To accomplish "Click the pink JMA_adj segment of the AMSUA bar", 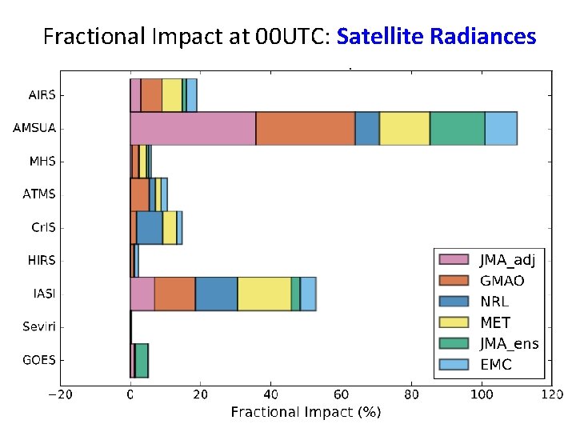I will pos(193,129).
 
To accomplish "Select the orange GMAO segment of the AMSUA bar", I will pos(306,129).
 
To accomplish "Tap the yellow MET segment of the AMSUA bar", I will pos(404,129).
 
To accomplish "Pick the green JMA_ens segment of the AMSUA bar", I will pos(457,129).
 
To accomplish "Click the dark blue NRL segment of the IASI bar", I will pos(216,294).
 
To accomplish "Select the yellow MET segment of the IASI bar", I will pos(264,294).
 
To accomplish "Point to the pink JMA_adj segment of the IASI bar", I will pos(142,294).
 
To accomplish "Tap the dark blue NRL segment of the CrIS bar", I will pos(150,227).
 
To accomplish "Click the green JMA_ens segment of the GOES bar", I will pos(142,360).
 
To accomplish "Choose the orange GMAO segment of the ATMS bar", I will pos(139,194).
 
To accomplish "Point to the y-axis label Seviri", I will pos(39,326).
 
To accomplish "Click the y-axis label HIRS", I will pos(42,260).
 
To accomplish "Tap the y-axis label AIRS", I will pos(42,95).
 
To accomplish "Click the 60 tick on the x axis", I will pos(341,394).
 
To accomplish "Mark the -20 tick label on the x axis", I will pos(60,394).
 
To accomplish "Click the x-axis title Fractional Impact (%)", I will pos(306,412).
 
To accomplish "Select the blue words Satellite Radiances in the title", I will pos(436,36).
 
